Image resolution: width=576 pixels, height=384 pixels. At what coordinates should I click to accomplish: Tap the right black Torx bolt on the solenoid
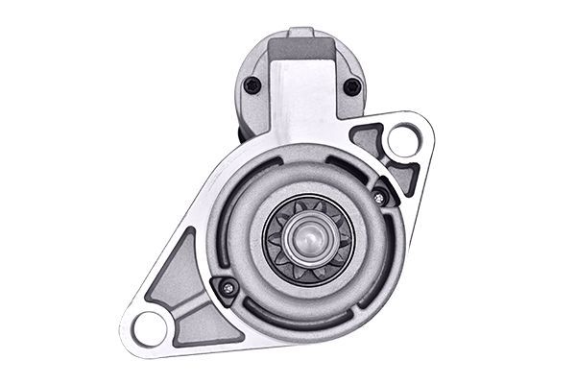click(x=351, y=86)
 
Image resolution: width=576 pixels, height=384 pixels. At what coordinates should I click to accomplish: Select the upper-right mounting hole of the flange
click(x=402, y=141)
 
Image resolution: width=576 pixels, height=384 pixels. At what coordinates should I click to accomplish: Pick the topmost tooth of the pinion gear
click(x=308, y=203)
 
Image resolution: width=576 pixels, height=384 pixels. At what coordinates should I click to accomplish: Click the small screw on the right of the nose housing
click(x=379, y=197)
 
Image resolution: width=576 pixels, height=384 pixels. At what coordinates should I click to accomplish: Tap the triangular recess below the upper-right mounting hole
click(x=404, y=178)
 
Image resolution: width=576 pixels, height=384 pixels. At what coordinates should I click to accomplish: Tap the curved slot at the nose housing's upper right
click(x=360, y=168)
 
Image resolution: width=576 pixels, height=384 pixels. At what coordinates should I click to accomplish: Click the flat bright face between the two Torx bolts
click(x=302, y=96)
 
